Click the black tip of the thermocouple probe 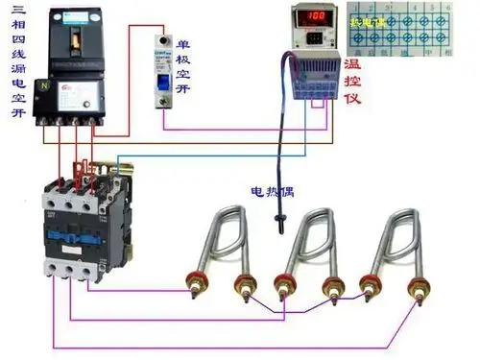[x=277, y=227]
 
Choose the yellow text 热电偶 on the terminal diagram [x=369, y=22]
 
